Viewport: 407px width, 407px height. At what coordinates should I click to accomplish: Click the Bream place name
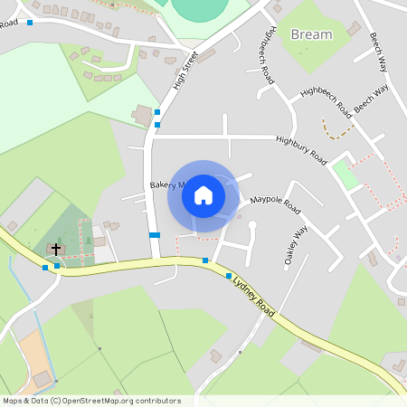[311, 34]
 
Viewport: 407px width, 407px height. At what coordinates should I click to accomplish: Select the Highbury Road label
[301, 148]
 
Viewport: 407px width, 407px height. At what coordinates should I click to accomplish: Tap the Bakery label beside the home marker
[166, 185]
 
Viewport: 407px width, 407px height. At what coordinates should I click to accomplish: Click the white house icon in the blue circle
[203, 195]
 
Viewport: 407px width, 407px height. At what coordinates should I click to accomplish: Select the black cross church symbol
[56, 248]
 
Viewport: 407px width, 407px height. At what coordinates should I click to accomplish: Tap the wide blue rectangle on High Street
[154, 235]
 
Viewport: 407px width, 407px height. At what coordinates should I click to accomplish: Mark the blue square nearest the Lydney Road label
[229, 276]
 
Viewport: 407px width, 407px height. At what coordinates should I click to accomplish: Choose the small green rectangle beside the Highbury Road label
[345, 174]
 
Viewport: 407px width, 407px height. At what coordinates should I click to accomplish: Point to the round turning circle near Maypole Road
[253, 224]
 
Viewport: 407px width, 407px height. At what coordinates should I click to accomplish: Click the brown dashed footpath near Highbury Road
[337, 130]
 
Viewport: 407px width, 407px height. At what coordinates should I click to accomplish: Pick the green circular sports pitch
[201, 9]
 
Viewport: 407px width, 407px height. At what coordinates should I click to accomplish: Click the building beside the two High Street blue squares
[142, 116]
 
